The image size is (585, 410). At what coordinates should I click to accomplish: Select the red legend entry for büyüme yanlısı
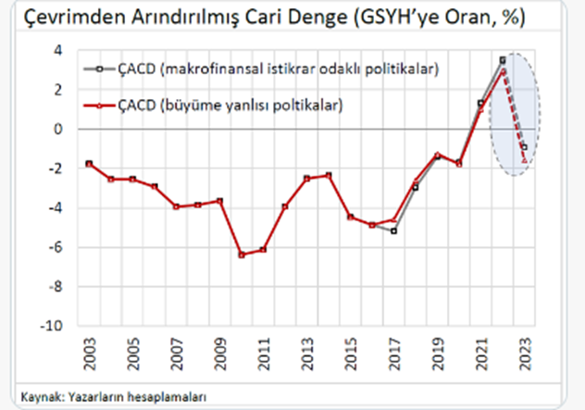[230, 106]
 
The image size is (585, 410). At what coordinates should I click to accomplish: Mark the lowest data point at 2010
[241, 255]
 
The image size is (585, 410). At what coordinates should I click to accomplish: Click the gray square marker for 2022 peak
[502, 60]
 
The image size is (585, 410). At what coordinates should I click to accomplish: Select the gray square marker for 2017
[393, 230]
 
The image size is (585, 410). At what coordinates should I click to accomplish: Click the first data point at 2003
[89, 164]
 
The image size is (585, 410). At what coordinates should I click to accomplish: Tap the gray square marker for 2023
[524, 147]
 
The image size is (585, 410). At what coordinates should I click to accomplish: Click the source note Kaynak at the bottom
[107, 396]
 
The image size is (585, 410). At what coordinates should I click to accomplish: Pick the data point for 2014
[328, 175]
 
